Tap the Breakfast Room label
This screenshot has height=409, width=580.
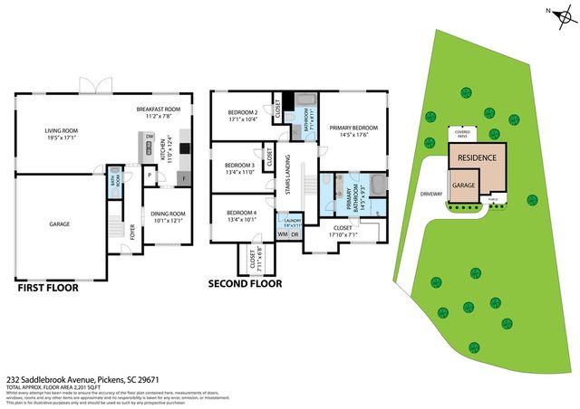pos(159,112)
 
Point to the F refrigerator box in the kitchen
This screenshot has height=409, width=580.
pos(185,177)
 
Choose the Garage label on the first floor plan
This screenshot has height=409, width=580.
pos(60,223)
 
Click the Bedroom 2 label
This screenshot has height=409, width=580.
pos(242,116)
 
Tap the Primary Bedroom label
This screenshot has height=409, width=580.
pos(353,132)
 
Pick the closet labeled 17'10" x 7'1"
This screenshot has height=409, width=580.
pos(346,232)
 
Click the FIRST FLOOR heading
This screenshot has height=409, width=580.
pos(48,289)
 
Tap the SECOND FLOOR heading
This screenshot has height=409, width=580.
pos(244,283)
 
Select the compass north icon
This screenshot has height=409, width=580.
pos(560,14)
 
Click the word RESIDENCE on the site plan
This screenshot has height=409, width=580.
pos(476,157)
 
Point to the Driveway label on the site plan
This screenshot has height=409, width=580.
pos(431,193)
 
